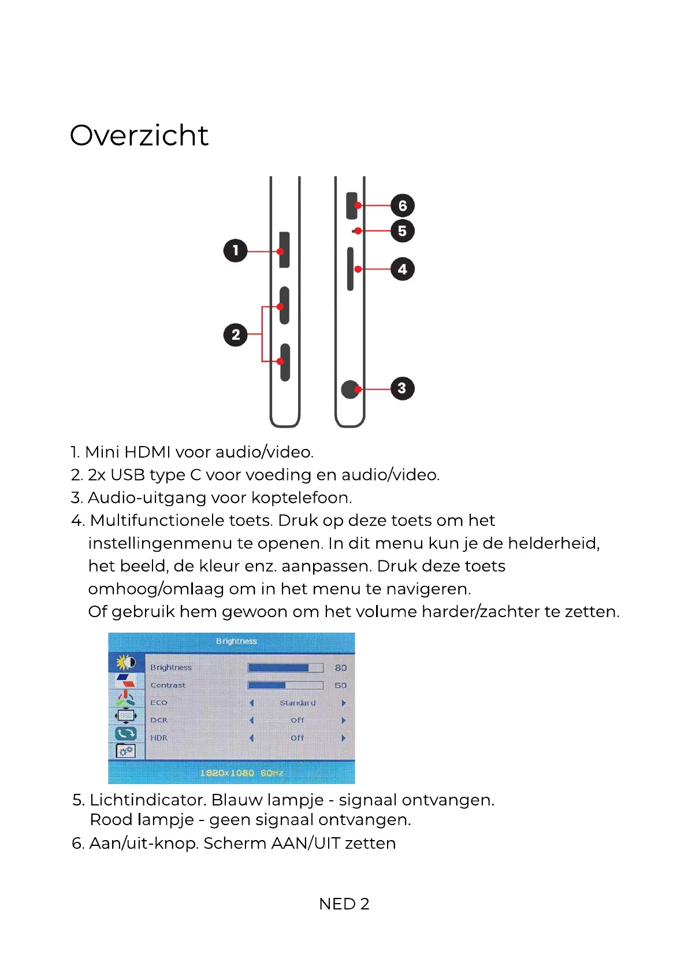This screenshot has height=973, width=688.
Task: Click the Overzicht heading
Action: [139, 136]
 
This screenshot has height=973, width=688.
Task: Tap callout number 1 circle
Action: [235, 251]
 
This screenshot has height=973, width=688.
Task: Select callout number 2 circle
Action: [235, 335]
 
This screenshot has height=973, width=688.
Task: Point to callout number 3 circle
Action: [402, 388]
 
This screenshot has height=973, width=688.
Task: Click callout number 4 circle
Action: [402, 269]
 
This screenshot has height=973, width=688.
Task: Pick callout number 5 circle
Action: [402, 231]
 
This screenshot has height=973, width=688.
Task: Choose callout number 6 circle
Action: [402, 206]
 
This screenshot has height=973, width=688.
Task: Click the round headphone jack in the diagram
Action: [350, 389]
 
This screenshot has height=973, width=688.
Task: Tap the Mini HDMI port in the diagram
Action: [284, 250]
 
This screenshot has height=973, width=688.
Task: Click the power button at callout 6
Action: [351, 206]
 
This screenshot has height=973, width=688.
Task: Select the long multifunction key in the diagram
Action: [350, 269]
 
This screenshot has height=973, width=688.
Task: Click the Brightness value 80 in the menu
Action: [341, 668]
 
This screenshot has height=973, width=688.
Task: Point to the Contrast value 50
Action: [341, 686]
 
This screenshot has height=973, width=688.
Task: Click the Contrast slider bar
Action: [285, 685]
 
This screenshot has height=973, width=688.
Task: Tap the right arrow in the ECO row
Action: [344, 703]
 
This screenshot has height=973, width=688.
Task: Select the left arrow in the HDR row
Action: [252, 738]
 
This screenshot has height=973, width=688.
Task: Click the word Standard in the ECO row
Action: [297, 703]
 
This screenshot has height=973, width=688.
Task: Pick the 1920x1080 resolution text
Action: [227, 773]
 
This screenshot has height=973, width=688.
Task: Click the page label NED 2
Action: [344, 904]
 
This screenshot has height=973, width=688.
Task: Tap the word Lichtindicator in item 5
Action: [148, 800]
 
